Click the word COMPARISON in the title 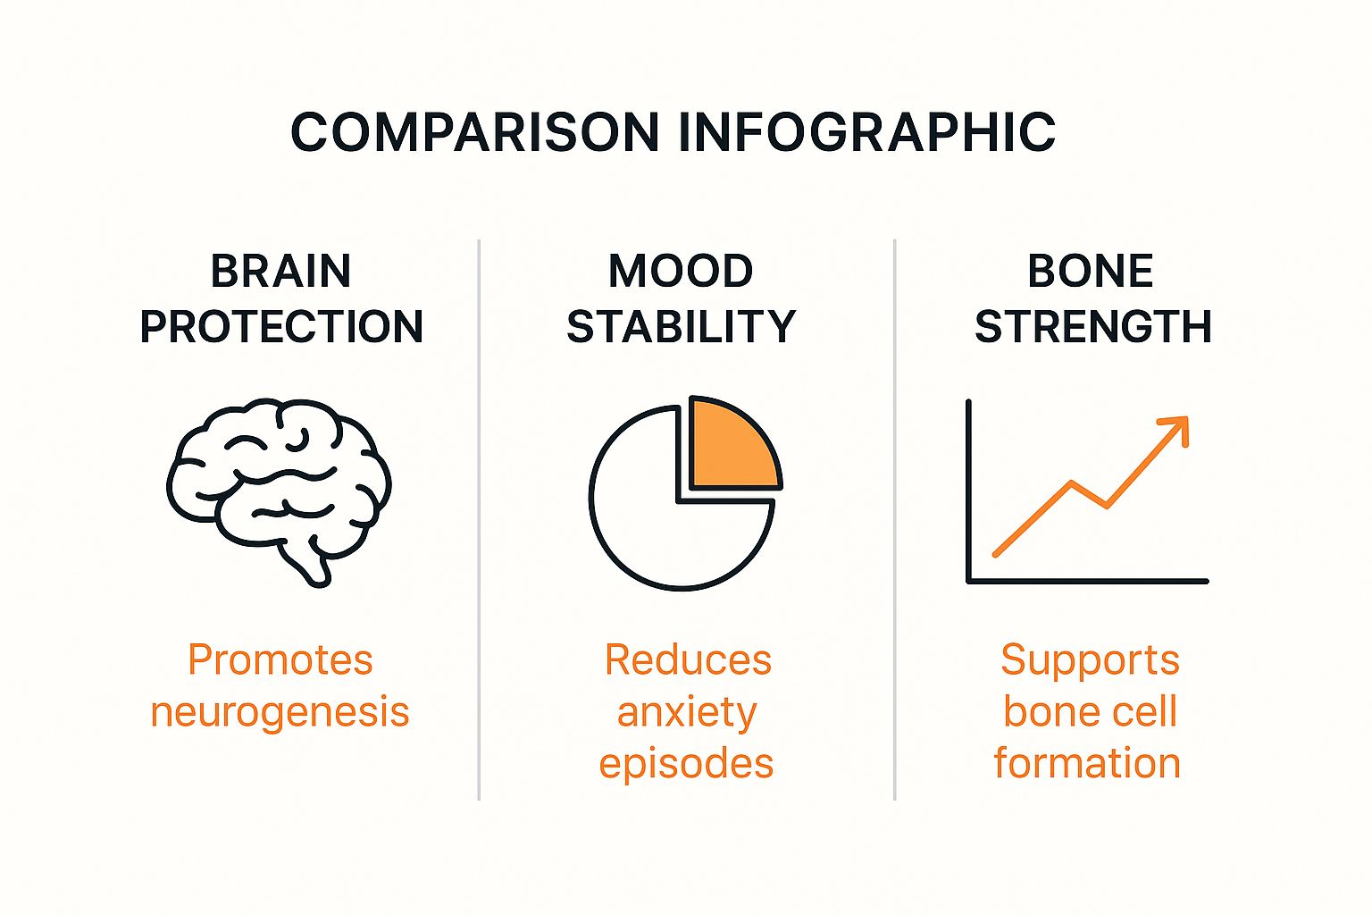click(x=475, y=132)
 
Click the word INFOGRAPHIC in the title click(x=867, y=132)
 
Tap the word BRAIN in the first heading click(x=281, y=271)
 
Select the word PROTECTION click(x=281, y=326)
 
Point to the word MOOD click(x=681, y=271)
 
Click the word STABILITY click(x=682, y=326)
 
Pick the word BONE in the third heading click(x=1091, y=271)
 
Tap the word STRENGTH click(x=1093, y=326)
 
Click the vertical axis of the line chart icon click(x=968, y=491)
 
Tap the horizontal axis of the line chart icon click(x=1087, y=581)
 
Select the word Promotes click(x=280, y=660)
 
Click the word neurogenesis click(x=280, y=713)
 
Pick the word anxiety click(x=687, y=713)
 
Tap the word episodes click(x=687, y=765)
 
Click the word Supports click(x=1091, y=661)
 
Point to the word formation click(x=1087, y=763)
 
